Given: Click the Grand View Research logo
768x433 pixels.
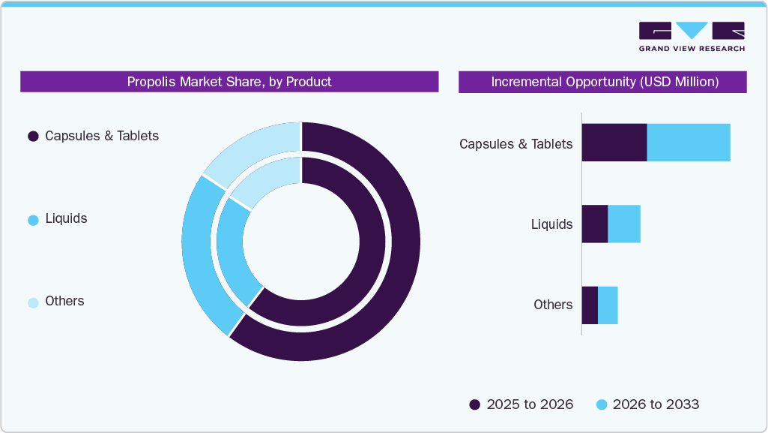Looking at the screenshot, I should [691, 37].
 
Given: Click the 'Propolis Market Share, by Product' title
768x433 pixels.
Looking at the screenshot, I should [229, 82].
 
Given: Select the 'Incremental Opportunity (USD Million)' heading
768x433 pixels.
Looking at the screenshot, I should [604, 82].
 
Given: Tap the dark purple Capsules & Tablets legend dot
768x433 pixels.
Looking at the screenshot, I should [33, 137].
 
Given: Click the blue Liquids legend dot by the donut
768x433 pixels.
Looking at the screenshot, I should [33, 220].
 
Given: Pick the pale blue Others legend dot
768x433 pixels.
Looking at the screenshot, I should [33, 302].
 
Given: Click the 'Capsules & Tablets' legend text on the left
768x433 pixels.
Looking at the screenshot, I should [102, 136].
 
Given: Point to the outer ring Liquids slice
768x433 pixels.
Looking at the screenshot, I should [199, 255].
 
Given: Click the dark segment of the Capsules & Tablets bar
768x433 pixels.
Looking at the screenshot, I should [614, 143].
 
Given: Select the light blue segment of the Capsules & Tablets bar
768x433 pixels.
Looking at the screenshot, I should [688, 143].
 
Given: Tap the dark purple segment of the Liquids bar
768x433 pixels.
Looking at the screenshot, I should [594, 224].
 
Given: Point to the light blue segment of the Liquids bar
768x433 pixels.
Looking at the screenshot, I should [623, 224].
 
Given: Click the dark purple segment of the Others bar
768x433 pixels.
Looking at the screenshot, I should [590, 305].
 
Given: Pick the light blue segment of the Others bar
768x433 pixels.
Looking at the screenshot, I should [608, 305].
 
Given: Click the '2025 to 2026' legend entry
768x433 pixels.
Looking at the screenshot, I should [521, 404].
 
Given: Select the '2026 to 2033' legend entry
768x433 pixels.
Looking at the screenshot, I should [647, 404].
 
